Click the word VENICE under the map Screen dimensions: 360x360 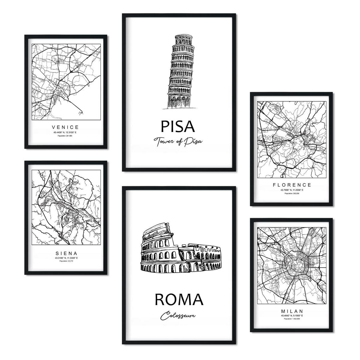click(x=65, y=127)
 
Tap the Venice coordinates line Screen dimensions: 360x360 click(x=65, y=132)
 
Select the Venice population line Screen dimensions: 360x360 click(x=65, y=136)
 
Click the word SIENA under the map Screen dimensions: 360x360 click(x=66, y=253)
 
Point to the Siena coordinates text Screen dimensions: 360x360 click(x=66, y=258)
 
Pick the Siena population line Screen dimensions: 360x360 click(x=66, y=261)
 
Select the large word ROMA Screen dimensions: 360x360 click(x=179, y=300)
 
